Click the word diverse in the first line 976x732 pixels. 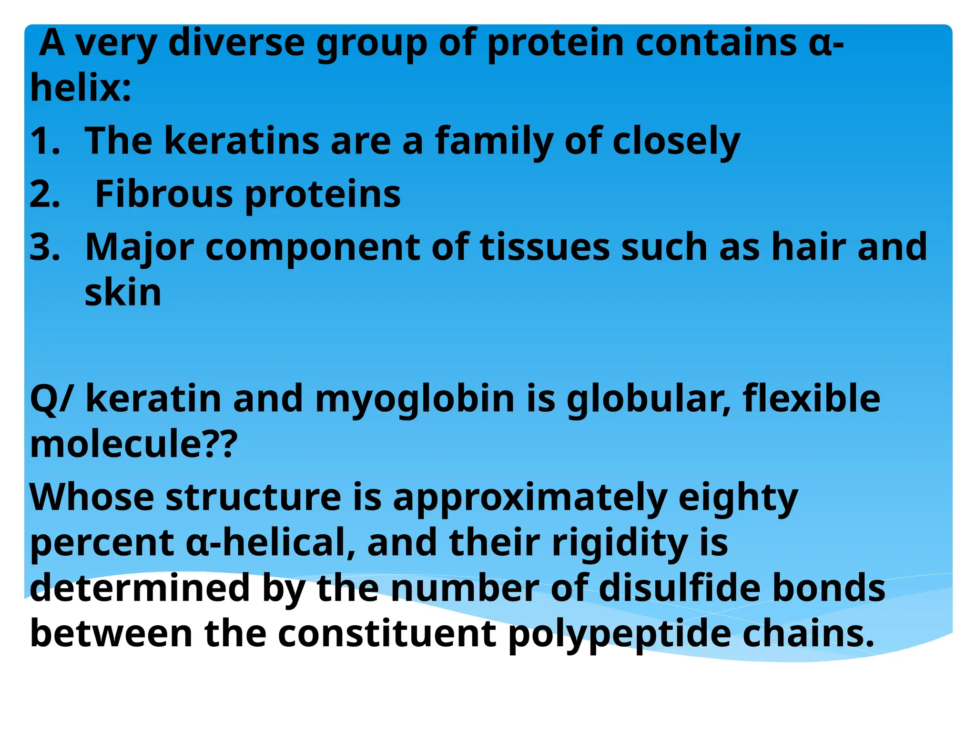(236, 43)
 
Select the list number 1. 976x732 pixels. (45, 141)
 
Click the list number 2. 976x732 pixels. (45, 194)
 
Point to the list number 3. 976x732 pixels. (45, 247)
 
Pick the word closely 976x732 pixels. (676, 142)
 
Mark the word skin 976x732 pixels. (123, 293)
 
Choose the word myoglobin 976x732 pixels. (415, 399)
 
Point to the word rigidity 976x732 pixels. (620, 544)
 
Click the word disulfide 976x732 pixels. (679, 588)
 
